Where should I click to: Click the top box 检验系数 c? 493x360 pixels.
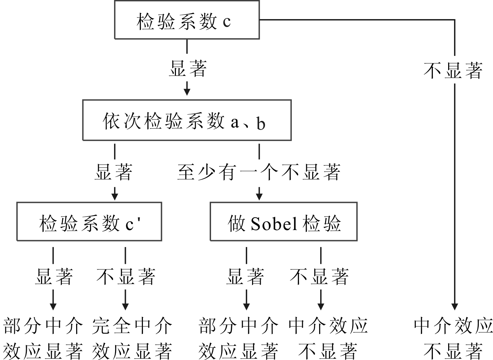(187, 20)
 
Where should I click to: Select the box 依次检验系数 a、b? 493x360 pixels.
(187, 120)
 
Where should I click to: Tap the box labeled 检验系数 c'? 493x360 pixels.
(89, 222)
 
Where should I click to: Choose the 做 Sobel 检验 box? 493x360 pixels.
(283, 222)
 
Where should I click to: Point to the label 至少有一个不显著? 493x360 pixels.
(259, 171)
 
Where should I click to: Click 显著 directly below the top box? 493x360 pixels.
(187, 68)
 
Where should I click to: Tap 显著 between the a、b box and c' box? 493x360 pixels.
(114, 171)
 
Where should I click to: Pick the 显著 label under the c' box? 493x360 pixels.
(54, 276)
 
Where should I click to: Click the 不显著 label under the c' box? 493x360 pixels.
(126, 276)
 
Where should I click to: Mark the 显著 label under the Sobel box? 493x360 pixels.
(245, 276)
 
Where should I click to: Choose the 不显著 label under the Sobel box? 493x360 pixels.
(319, 276)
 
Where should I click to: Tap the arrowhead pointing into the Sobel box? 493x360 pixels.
(259, 196)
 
